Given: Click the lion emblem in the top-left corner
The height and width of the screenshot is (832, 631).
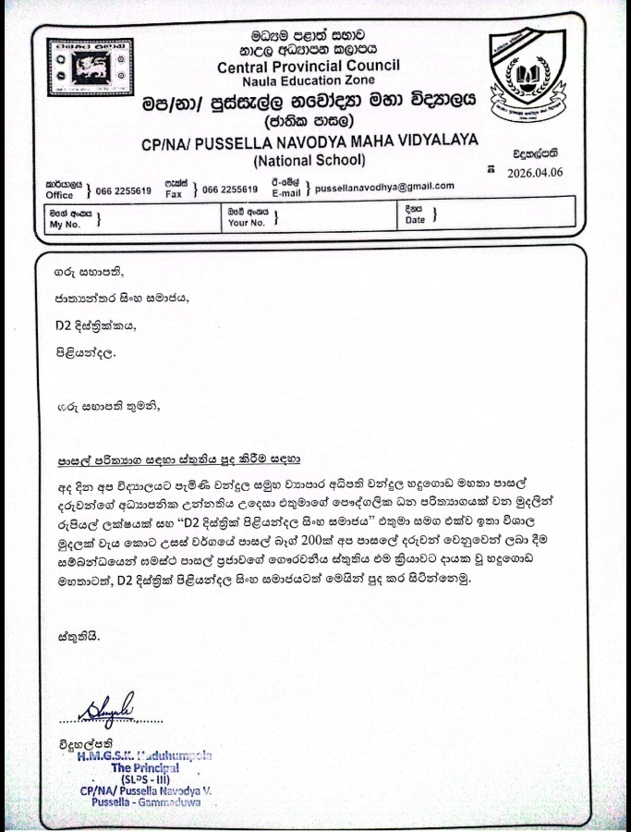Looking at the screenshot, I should pos(90,67).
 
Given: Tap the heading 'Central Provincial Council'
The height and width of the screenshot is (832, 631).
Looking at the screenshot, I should pos(308,66).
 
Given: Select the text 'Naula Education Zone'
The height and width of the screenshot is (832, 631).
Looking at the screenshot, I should pos(308,81).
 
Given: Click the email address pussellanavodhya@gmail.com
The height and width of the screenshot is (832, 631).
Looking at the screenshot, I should pos(384,186).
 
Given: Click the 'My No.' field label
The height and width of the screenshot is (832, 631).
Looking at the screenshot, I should pos(66,224).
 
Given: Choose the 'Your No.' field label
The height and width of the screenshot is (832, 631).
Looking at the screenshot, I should pos(246,223).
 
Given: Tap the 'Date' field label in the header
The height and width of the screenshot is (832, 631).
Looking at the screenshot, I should pos(415,220).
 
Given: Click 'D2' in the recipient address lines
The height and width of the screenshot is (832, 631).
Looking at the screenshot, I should pos(61,324).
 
